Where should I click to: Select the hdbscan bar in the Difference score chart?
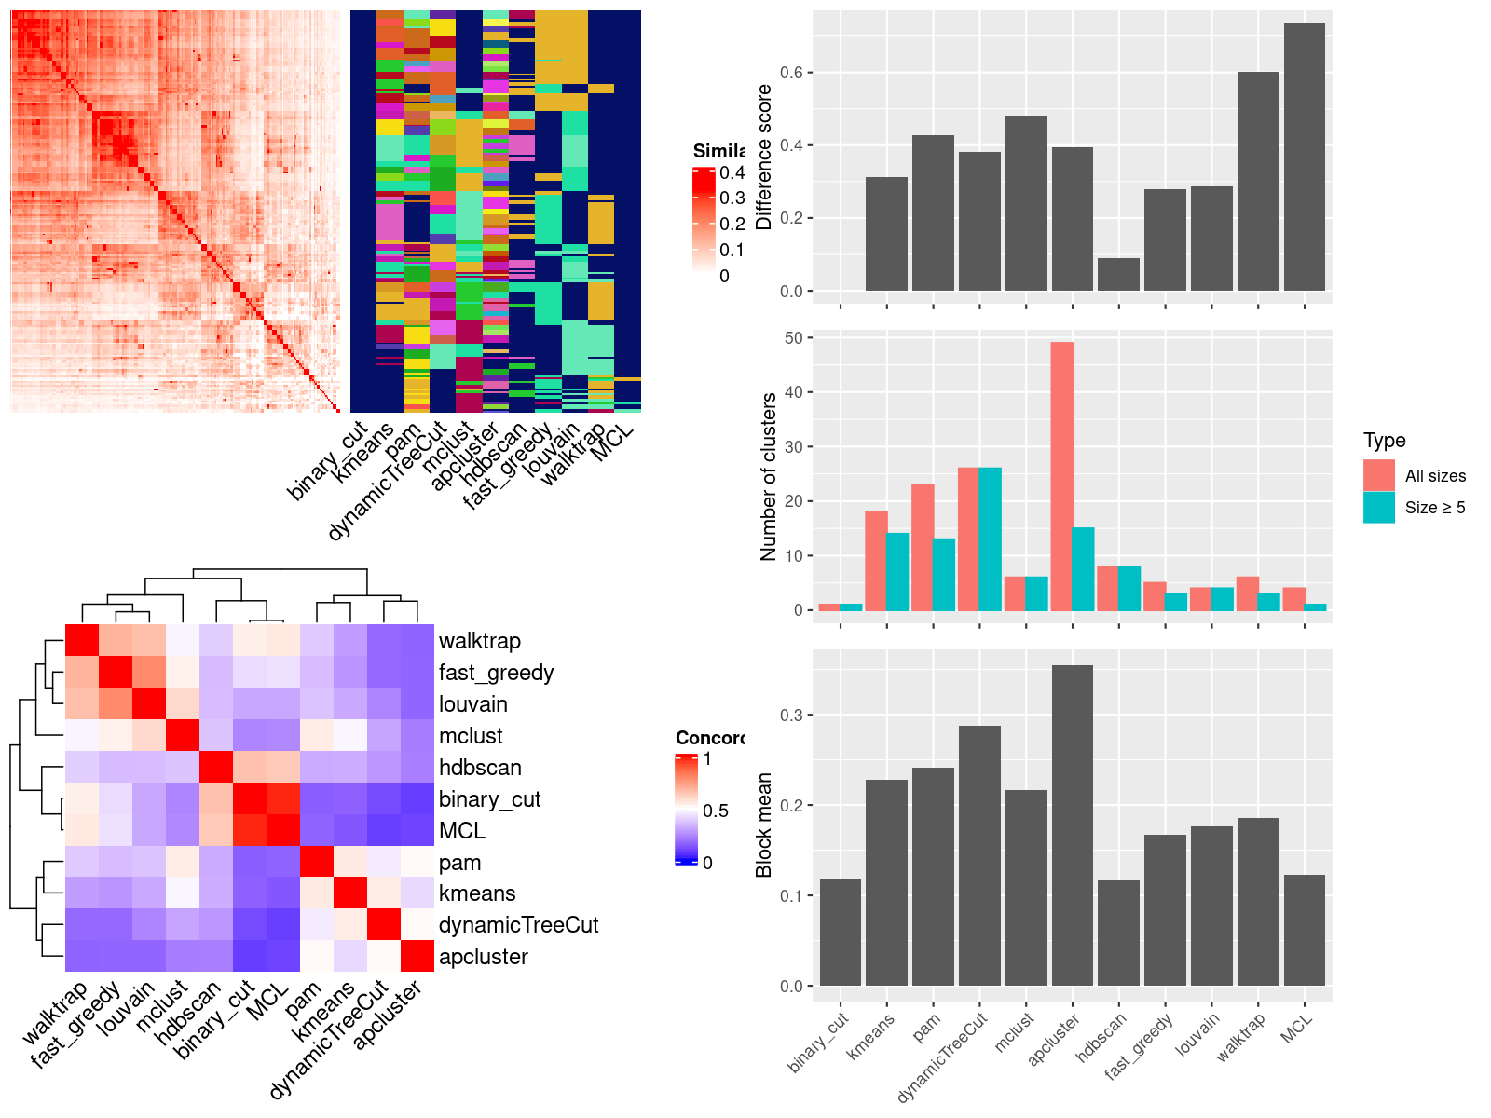click(1118, 275)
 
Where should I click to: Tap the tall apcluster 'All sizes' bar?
click(1061, 476)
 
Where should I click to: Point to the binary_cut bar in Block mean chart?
click(840, 932)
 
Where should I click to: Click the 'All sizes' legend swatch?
click(1379, 475)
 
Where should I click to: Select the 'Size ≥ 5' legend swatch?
click(1379, 508)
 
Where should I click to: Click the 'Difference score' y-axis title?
click(764, 157)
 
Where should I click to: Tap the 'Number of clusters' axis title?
click(768, 477)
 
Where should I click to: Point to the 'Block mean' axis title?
click(764, 825)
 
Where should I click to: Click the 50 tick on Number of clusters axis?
click(793, 338)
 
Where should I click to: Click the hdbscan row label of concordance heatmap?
click(480, 768)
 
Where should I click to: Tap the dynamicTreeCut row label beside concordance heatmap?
click(518, 925)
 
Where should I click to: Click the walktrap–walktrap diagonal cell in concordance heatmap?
click(81, 640)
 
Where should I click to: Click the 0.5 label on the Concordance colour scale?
click(716, 811)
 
